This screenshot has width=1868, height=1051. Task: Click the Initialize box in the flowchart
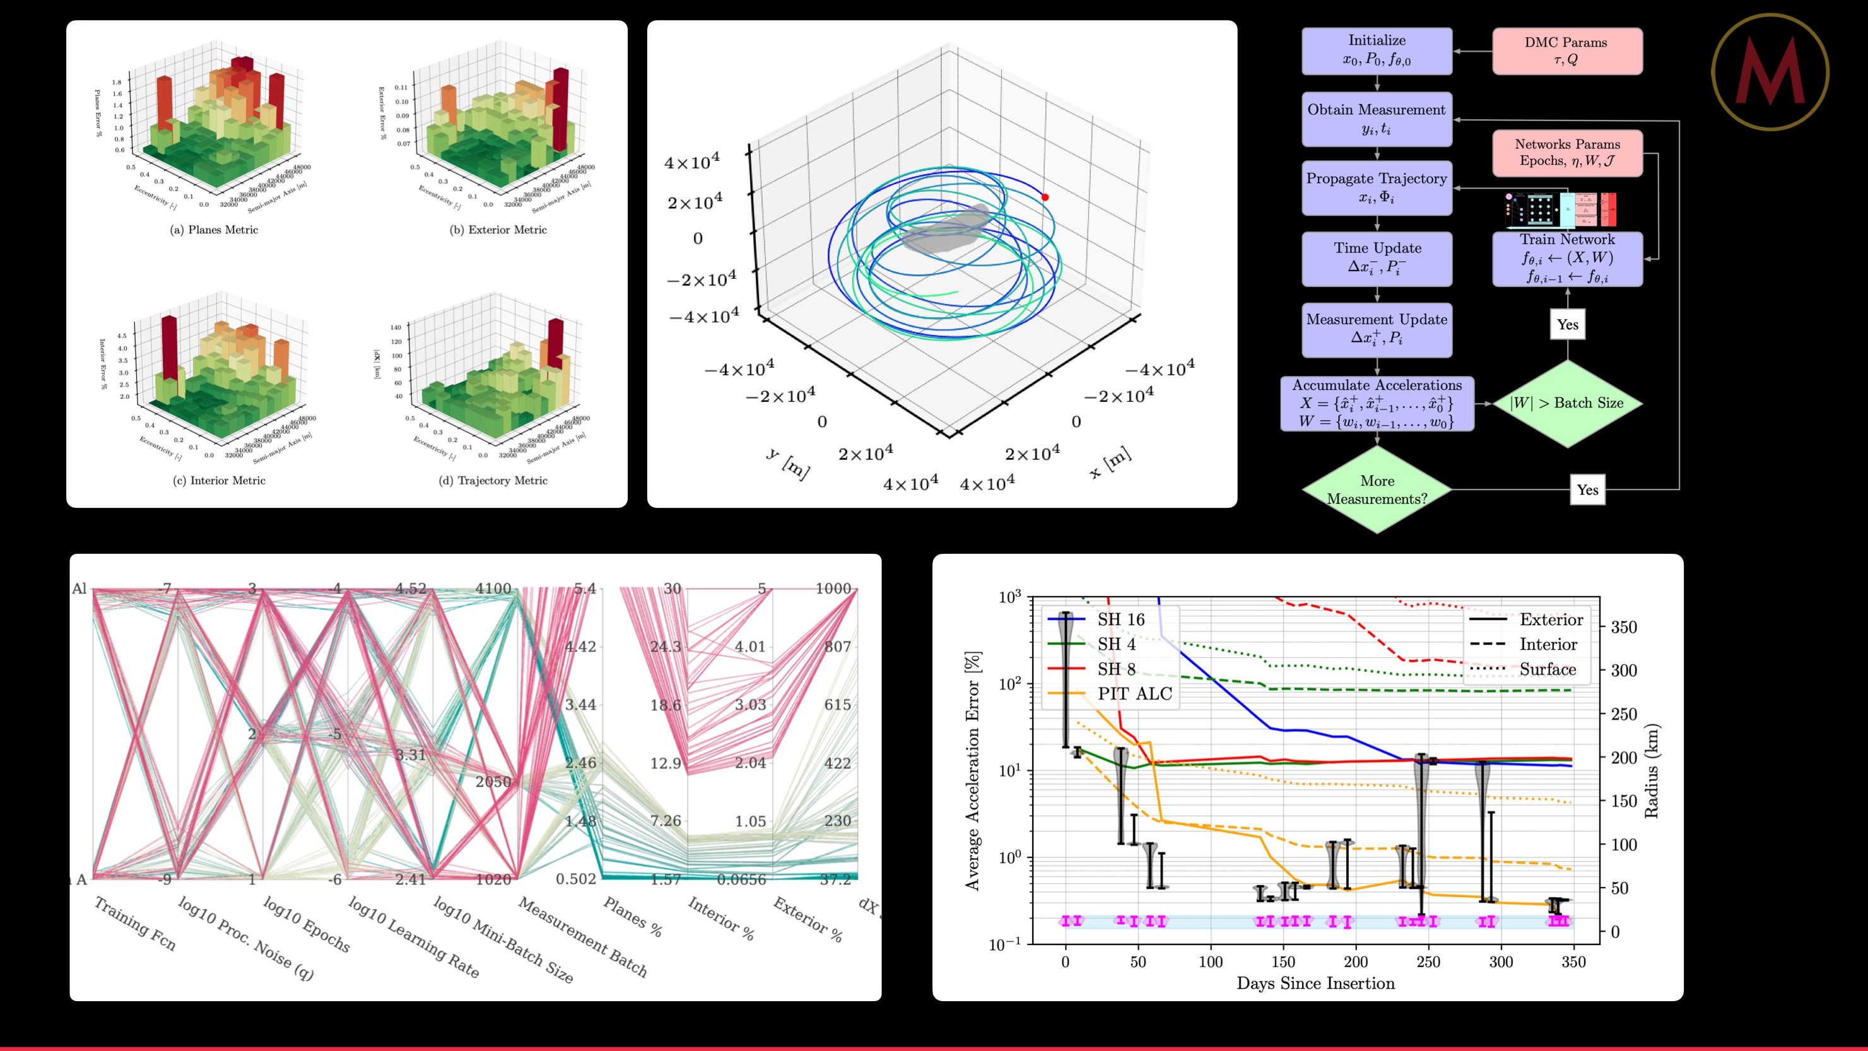click(x=1377, y=50)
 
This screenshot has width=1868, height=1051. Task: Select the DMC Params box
click(x=1567, y=50)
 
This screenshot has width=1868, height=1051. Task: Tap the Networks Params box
click(x=1567, y=152)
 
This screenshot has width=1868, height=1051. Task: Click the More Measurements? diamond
click(x=1377, y=490)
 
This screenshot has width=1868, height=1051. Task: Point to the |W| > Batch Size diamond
click(x=1567, y=403)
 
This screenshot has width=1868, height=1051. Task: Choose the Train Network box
click(x=1567, y=258)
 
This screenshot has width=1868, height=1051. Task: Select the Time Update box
click(x=1377, y=258)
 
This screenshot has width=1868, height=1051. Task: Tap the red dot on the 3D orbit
click(x=1045, y=197)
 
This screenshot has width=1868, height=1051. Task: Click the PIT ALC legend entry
click(x=1134, y=694)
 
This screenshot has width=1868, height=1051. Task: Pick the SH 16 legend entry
click(x=1120, y=619)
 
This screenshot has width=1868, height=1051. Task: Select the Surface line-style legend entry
click(x=1548, y=669)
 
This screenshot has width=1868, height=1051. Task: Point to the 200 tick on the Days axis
click(x=1355, y=962)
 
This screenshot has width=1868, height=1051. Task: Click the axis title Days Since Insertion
click(x=1315, y=983)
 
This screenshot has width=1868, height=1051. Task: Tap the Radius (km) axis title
click(x=1651, y=771)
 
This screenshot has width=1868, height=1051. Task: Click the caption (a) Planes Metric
click(x=214, y=230)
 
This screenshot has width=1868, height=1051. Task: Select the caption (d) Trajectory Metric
click(x=493, y=481)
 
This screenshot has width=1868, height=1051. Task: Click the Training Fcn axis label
click(x=136, y=924)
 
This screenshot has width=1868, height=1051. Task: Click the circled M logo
click(x=1770, y=72)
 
